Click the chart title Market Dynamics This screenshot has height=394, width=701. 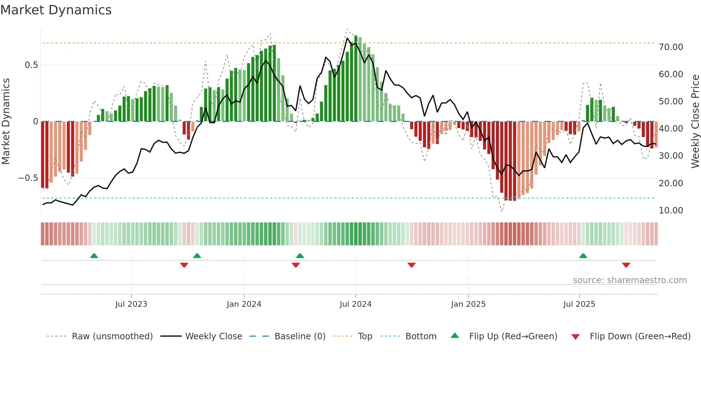[56, 10]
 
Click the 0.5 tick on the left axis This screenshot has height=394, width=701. [31, 65]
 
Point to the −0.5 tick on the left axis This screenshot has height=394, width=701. [28, 178]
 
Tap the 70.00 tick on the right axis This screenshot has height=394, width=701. [671, 47]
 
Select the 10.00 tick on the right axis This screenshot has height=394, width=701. [671, 211]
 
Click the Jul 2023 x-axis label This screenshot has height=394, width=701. [131, 304]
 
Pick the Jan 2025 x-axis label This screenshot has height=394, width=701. [468, 304]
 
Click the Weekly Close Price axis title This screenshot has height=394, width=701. [695, 122]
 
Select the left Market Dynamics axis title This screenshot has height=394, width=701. [6, 122]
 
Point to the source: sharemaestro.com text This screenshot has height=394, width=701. [629, 280]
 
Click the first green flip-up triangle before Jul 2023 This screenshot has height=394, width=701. [94, 256]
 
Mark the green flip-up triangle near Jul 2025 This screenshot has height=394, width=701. [583, 256]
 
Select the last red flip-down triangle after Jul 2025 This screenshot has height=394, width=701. [626, 265]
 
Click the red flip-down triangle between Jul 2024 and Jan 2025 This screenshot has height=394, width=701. [411, 265]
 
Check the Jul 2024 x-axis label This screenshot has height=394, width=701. [356, 304]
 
